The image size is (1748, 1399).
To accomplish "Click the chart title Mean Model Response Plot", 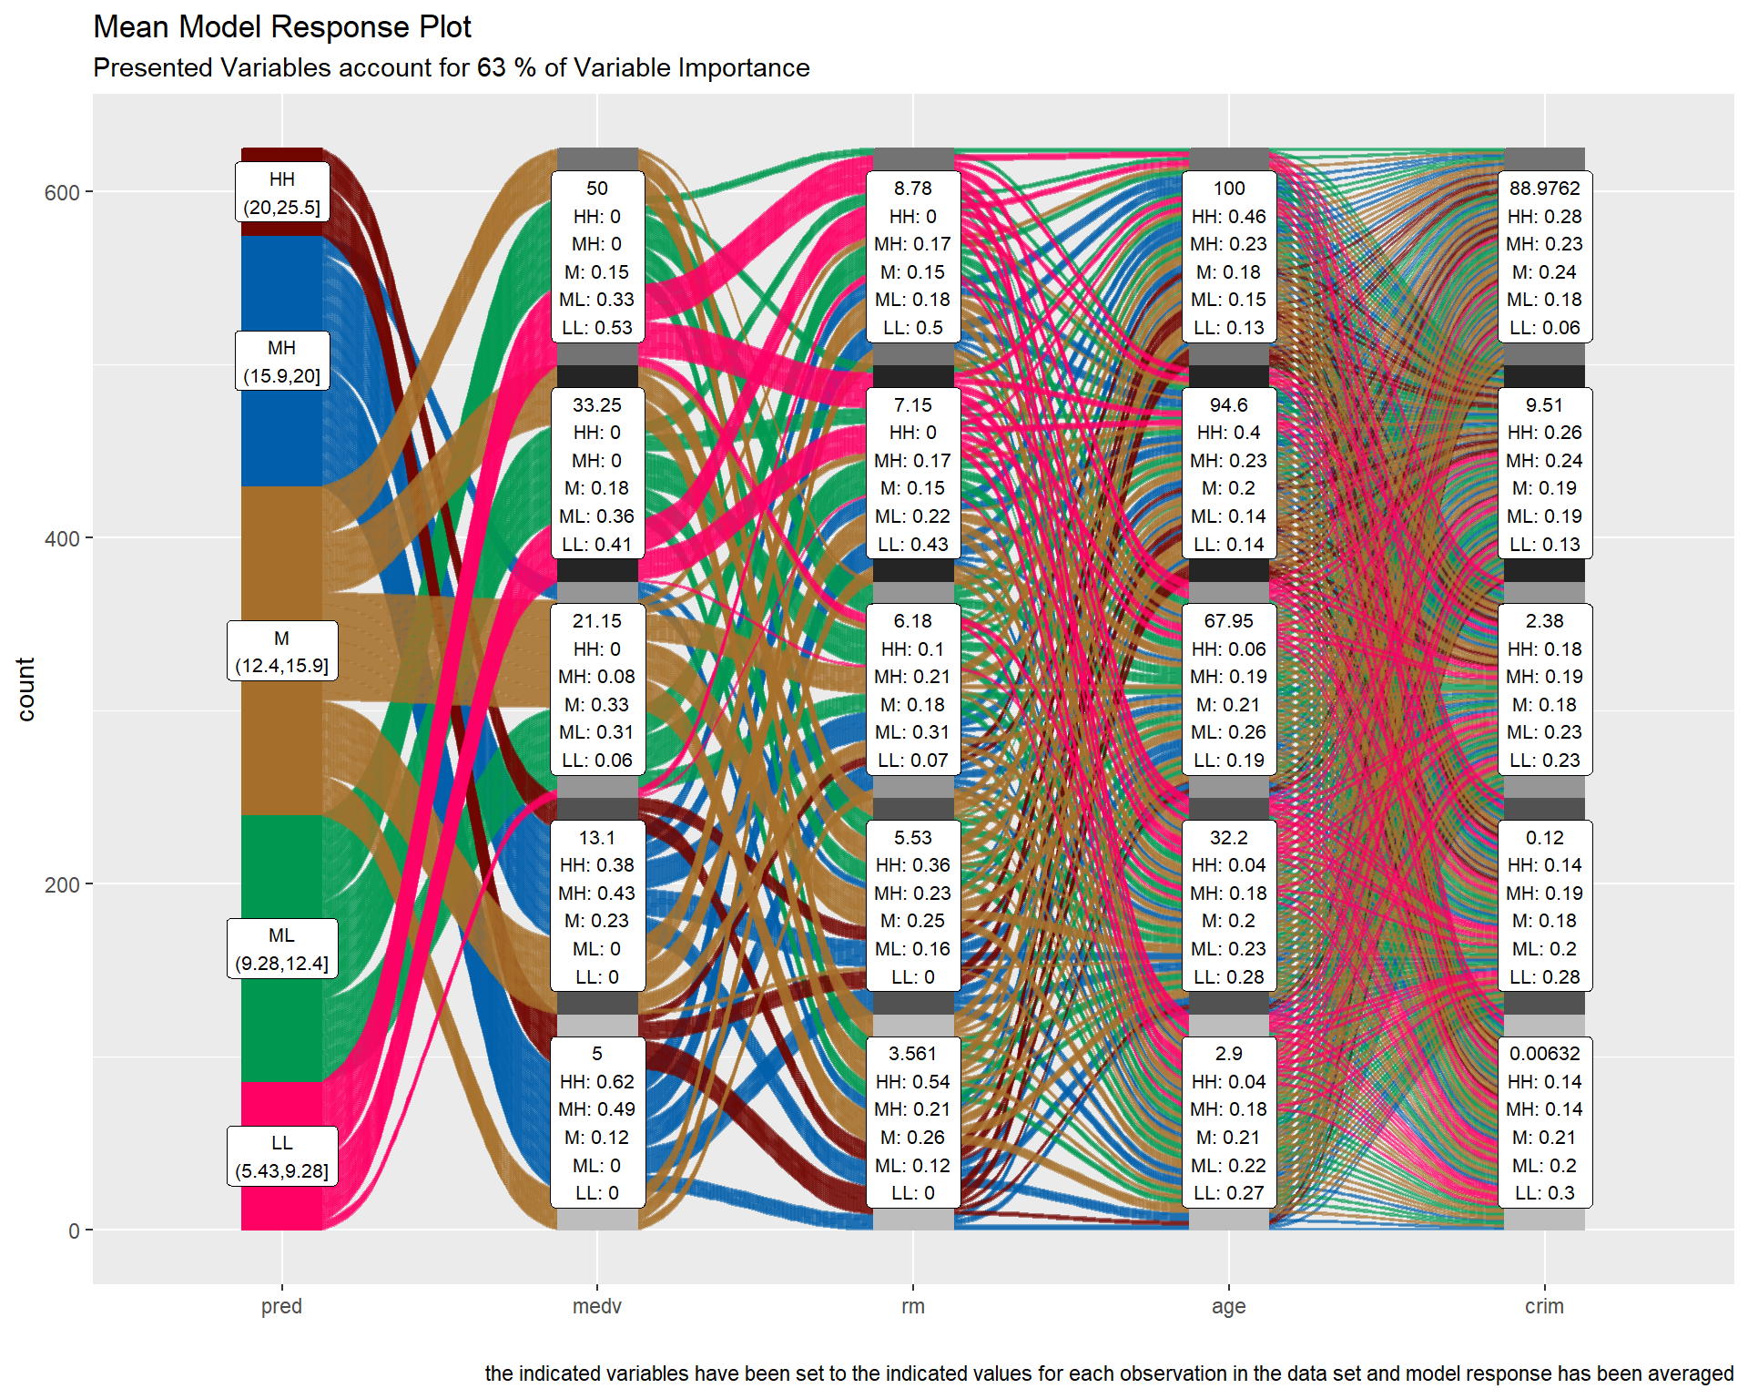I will [x=282, y=27].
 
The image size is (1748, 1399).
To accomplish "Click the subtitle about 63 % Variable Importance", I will [x=451, y=68].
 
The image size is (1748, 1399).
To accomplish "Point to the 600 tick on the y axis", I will [x=62, y=192].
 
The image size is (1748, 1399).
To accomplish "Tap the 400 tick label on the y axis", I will [x=62, y=538].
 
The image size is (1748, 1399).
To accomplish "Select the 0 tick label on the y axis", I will [x=74, y=1231].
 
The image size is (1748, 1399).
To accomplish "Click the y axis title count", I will [x=25, y=689].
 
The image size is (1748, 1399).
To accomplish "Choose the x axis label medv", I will [x=597, y=1306].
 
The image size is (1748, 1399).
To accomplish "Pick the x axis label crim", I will [x=1544, y=1306].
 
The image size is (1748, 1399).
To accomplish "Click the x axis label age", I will [x=1228, y=1306].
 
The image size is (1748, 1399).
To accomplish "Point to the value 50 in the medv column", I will [x=597, y=189].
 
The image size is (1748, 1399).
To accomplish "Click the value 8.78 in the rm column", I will [x=912, y=189].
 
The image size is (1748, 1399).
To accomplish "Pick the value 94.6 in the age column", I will [x=1228, y=405].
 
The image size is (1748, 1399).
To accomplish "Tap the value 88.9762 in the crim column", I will [x=1544, y=189].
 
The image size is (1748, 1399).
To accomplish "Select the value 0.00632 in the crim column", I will [x=1544, y=1054].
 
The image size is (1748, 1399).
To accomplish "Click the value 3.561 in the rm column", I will [x=912, y=1054].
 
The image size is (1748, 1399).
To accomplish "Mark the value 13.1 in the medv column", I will [x=597, y=838].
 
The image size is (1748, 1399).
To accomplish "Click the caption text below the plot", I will [x=1108, y=1373].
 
